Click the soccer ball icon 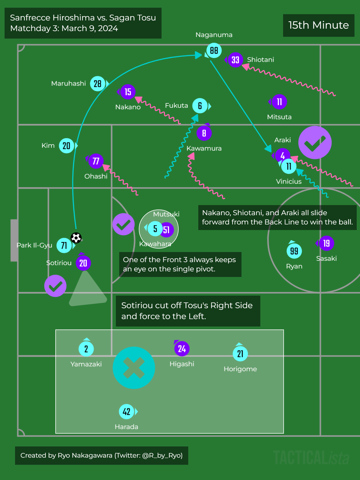tap(76, 238)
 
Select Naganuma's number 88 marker tap(214, 50)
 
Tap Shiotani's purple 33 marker tap(235, 60)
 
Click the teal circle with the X tap(134, 368)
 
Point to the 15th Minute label tap(319, 25)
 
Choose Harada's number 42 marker tap(127, 412)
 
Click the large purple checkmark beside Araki tap(315, 142)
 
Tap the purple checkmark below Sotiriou tap(55, 286)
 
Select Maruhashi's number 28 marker tap(98, 83)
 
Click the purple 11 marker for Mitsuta tap(279, 102)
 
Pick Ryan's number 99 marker tap(294, 251)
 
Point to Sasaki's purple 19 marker tap(326, 243)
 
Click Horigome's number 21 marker tap(240, 354)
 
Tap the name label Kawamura tap(204, 148)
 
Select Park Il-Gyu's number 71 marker tap(64, 245)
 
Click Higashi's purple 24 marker tap(182, 349)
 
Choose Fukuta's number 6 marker tap(200, 106)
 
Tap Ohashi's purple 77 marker tap(96, 161)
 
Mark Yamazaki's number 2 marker tap(86, 349)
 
